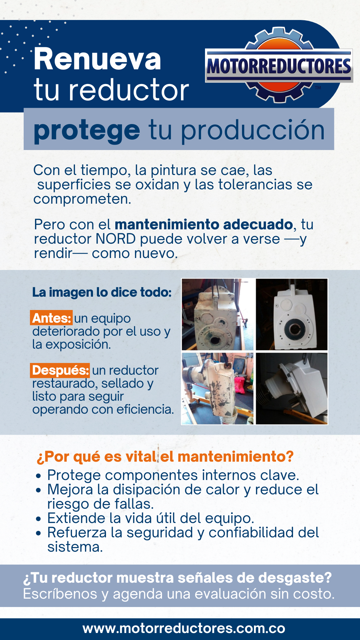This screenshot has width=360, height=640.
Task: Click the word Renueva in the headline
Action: tap(97, 59)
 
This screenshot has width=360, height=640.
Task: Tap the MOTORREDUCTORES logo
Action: tap(279, 65)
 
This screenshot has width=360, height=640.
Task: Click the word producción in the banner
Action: tap(253, 130)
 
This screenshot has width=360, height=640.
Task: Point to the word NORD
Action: tap(116, 239)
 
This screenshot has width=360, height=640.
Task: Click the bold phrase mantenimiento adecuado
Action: tap(204, 224)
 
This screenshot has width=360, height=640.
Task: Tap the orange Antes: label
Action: tap(51, 318)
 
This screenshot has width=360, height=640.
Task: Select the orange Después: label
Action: tap(60, 370)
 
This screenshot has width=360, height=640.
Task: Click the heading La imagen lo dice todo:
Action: tap(102, 292)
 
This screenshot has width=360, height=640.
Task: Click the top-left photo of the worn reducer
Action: tap(218, 315)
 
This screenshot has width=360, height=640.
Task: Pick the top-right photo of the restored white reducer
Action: tap(292, 315)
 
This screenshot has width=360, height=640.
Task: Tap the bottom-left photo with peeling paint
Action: tap(218, 388)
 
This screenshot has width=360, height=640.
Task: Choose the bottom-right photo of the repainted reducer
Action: tap(292, 388)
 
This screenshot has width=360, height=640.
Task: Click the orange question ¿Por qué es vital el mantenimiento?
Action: tap(165, 457)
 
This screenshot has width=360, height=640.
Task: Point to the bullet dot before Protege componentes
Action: tap(39, 476)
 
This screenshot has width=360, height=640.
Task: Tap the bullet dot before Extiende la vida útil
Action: tap(39, 519)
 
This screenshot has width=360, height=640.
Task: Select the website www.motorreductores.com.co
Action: tap(184, 628)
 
